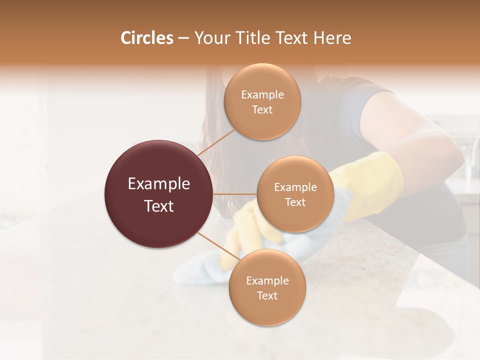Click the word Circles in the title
[146, 38]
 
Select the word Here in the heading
[333, 38]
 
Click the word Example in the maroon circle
[159, 184]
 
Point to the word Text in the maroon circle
[159, 206]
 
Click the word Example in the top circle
[262, 94]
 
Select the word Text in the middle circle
[295, 202]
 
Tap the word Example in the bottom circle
[267, 280]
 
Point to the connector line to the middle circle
[235, 193]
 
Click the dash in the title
[183, 38]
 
